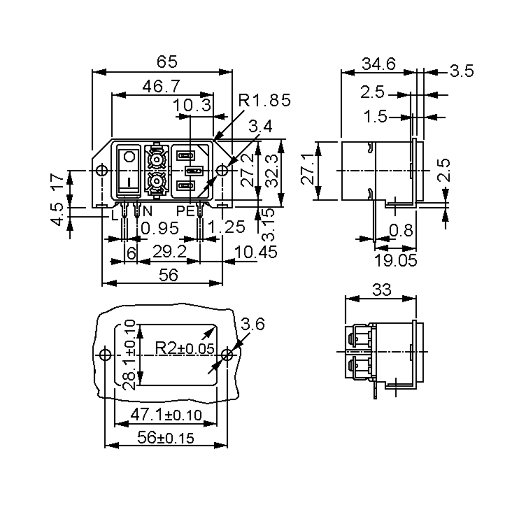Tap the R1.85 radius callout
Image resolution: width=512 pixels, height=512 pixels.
click(264, 100)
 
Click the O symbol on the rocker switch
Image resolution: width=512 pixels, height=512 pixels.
click(129, 157)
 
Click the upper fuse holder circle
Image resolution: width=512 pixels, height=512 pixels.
click(156, 160)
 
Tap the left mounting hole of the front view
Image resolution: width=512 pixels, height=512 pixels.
click(102, 170)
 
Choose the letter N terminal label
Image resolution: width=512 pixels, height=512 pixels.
click(148, 211)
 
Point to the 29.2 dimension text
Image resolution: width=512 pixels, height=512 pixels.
click(170, 252)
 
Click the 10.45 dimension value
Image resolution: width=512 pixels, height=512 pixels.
click(256, 252)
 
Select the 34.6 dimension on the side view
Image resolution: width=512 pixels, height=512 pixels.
click(379, 64)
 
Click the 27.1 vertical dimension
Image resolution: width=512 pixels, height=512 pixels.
click(307, 171)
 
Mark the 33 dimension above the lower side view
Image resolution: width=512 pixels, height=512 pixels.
click(382, 290)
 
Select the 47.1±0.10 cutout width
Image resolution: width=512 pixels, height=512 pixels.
click(166, 415)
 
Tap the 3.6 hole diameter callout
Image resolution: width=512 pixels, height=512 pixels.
click(253, 324)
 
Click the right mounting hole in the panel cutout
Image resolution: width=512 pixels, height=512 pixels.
click(227, 355)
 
